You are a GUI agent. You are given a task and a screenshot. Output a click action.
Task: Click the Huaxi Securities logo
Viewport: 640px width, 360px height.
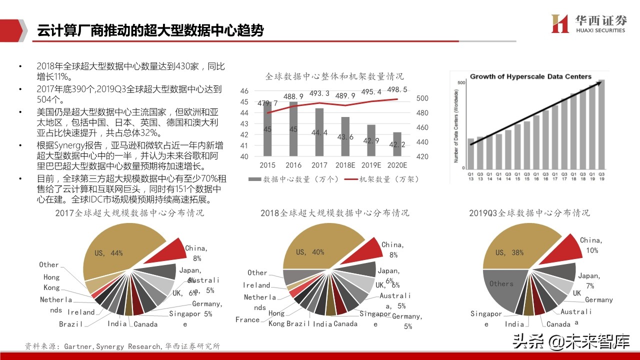tap(588, 23)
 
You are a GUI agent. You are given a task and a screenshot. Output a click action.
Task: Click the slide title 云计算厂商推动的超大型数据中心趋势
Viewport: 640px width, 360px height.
tap(150, 30)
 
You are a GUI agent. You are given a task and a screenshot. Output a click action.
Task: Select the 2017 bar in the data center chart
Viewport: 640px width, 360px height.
tap(319, 132)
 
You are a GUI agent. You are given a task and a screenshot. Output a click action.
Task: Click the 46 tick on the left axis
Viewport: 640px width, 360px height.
tap(244, 91)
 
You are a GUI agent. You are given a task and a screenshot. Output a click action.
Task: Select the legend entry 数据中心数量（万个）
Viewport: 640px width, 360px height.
tap(295, 179)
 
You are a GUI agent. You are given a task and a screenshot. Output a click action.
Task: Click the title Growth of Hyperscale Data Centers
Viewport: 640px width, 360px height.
tap(530, 76)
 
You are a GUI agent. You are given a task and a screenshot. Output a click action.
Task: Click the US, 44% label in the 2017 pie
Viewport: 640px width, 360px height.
tap(108, 253)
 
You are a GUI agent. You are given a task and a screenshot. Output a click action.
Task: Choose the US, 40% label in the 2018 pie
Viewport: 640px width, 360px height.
tap(310, 252)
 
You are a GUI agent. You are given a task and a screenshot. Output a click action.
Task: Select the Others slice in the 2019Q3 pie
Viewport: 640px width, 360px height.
tap(501, 287)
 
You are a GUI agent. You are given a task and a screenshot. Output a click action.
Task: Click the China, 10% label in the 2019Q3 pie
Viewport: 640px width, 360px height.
tap(591, 245)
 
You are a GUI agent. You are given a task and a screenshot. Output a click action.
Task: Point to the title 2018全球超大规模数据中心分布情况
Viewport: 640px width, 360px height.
tap(334, 213)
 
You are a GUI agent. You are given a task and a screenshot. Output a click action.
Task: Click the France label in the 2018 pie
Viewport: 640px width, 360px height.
tap(247, 319)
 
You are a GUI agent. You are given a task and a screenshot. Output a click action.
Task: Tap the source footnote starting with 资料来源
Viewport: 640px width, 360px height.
tap(122, 346)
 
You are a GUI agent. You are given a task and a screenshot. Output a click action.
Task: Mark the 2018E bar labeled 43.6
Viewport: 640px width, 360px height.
tap(345, 136)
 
